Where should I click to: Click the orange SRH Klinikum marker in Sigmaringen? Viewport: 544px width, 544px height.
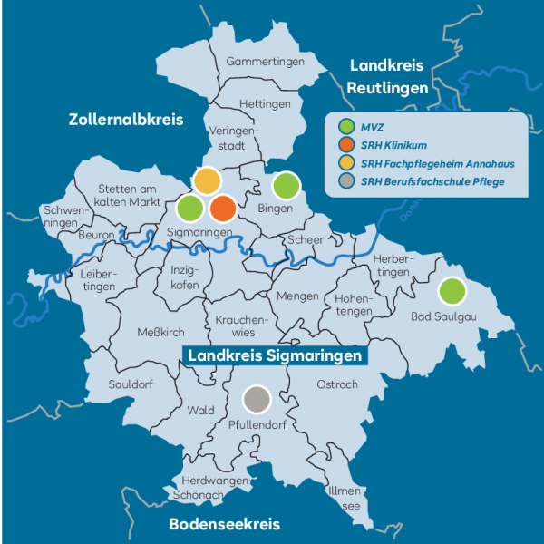(223, 209)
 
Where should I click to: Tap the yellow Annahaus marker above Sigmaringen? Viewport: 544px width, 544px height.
(207, 180)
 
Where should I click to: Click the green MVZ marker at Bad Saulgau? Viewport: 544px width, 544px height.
(452, 291)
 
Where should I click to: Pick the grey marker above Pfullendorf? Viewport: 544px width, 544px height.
(257, 398)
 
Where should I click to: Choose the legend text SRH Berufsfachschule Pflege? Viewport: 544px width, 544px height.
(432, 183)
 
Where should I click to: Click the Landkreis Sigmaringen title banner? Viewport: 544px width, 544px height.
(275, 356)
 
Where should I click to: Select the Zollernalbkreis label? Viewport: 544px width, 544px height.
(126, 120)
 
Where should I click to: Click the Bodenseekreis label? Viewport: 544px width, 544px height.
(224, 524)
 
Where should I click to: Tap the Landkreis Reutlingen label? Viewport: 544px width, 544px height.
(387, 77)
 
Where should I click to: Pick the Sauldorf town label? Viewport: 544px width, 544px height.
(131, 384)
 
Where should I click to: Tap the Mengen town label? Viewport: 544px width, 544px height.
(297, 296)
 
